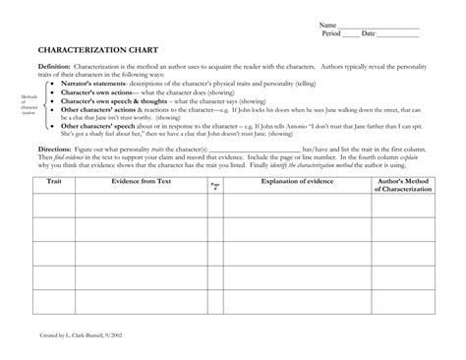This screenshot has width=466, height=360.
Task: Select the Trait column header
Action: [54, 183]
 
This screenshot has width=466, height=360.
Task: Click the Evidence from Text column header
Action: [146, 183]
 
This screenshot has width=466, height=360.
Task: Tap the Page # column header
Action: [242, 186]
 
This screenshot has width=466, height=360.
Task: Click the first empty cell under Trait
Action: [54, 206]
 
